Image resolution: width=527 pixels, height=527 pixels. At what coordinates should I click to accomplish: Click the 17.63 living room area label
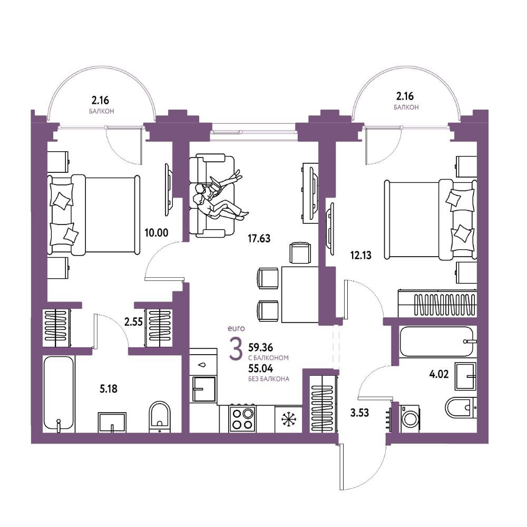pyautogui.click(x=259, y=239)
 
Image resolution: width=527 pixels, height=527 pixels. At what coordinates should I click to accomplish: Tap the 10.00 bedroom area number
pyautogui.click(x=157, y=232)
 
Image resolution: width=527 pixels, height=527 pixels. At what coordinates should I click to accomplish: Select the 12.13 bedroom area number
pyautogui.click(x=360, y=256)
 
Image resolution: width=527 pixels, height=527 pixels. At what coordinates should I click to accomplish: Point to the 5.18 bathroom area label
pyautogui.click(x=109, y=389)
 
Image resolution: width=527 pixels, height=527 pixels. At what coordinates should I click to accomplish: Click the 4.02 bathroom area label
pyautogui.click(x=439, y=374)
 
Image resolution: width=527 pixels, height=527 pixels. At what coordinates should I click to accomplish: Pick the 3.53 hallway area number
pyautogui.click(x=359, y=413)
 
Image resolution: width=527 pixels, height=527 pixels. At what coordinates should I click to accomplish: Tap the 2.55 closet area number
pyautogui.click(x=133, y=323)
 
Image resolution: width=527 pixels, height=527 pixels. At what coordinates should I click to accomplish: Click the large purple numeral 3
pyautogui.click(x=235, y=349)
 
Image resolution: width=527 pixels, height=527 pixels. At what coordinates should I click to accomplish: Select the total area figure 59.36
pyautogui.click(x=260, y=347)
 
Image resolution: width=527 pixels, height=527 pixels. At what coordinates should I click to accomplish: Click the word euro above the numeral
pyautogui.click(x=236, y=328)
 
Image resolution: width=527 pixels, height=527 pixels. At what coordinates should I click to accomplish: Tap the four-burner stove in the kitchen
pyautogui.click(x=242, y=418)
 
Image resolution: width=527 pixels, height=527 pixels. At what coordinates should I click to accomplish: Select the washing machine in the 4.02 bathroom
pyautogui.click(x=409, y=418)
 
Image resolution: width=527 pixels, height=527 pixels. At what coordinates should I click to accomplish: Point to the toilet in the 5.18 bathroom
pyautogui.click(x=160, y=416)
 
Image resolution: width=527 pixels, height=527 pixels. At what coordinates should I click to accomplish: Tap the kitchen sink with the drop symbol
pyautogui.click(x=203, y=365)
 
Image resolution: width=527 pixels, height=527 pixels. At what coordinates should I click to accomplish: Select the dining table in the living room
pyautogui.click(x=300, y=294)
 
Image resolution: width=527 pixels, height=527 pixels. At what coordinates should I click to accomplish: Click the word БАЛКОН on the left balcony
pyautogui.click(x=102, y=111)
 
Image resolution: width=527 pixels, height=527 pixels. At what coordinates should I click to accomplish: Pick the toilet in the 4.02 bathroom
pyautogui.click(x=461, y=408)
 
